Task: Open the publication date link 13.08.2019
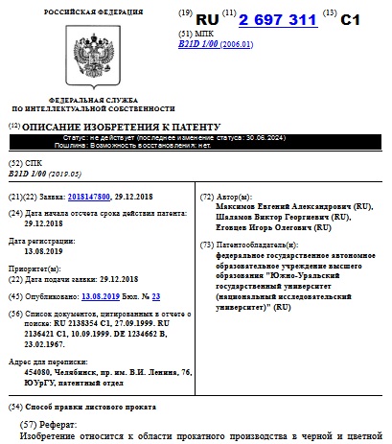click(102, 297)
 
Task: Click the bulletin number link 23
click(156, 297)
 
